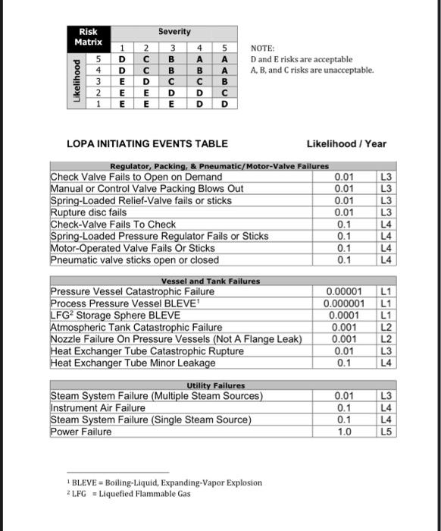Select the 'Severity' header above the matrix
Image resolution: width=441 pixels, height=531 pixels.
pyautogui.click(x=174, y=32)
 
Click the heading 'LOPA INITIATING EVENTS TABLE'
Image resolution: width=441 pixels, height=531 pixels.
pyautogui.click(x=147, y=143)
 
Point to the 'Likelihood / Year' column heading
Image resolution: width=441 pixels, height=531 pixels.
pyautogui.click(x=346, y=143)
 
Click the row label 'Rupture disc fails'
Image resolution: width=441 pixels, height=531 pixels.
pyautogui.click(x=88, y=213)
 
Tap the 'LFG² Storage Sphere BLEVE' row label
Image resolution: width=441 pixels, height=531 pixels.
pyautogui.click(x=115, y=315)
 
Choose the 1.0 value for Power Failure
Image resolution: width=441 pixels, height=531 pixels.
pyautogui.click(x=344, y=432)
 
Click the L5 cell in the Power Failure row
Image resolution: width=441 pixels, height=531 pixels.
pyautogui.click(x=386, y=432)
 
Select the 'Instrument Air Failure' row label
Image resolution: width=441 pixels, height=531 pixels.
pyautogui.click(x=98, y=407)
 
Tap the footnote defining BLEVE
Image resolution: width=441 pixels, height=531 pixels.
pyautogui.click(x=164, y=482)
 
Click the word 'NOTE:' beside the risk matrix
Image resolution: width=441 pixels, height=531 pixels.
pyautogui.click(x=262, y=47)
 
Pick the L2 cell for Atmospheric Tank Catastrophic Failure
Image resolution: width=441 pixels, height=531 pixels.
pyautogui.click(x=386, y=327)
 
